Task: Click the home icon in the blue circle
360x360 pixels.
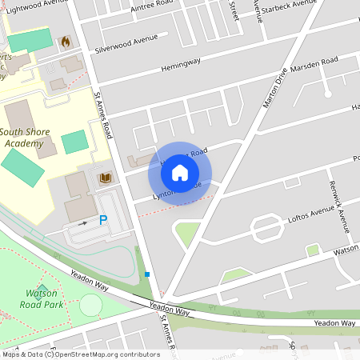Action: point(180,171)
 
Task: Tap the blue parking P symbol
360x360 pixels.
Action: point(103,219)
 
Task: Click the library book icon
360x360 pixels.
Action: point(104,178)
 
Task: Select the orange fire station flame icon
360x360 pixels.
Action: point(64,39)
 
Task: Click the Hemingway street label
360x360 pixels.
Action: point(178,70)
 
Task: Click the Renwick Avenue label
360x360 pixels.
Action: point(340,206)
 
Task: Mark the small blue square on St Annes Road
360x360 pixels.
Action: point(147,274)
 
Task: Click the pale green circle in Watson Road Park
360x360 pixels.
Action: point(91,305)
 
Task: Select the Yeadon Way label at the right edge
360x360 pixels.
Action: point(334,322)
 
